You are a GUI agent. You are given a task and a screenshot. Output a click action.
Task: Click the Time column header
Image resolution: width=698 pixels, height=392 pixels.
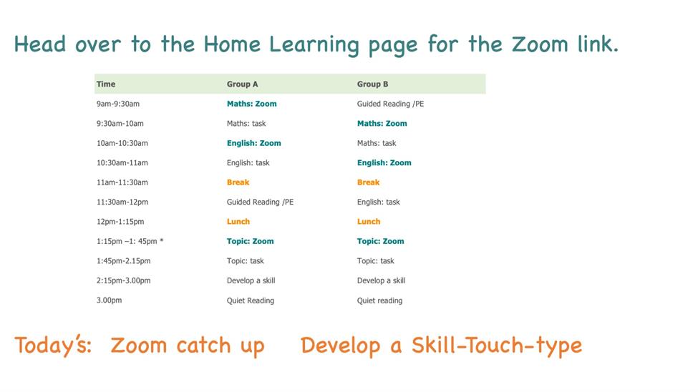[x=106, y=84]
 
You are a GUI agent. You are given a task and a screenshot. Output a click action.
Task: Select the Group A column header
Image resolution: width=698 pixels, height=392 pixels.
[x=242, y=84]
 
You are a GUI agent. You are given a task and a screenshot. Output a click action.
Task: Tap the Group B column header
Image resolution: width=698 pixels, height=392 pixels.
[x=372, y=84]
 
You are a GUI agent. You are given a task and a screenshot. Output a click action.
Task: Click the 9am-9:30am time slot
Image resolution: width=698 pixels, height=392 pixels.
[x=118, y=104]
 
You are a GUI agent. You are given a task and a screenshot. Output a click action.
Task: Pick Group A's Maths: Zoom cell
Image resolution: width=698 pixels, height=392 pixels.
[x=251, y=104]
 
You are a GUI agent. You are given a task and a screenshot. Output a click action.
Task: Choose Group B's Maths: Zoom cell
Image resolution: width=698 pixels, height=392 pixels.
[x=382, y=123]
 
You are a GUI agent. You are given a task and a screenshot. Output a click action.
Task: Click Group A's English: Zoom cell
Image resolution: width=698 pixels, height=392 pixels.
[x=253, y=143]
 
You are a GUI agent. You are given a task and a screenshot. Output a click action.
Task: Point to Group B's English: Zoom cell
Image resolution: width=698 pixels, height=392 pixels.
[x=384, y=162]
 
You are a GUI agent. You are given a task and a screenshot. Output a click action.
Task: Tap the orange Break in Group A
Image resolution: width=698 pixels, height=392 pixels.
[x=238, y=182]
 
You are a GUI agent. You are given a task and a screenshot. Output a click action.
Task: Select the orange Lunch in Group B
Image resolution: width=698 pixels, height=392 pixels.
[x=369, y=221]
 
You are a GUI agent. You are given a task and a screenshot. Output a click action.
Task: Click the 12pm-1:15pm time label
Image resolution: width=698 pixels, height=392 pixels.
[x=120, y=221]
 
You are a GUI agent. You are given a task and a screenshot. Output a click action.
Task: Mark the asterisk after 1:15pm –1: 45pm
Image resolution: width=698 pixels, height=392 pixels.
[x=162, y=240]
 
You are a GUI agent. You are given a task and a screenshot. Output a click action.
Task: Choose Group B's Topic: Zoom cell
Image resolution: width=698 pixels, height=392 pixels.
[x=381, y=241]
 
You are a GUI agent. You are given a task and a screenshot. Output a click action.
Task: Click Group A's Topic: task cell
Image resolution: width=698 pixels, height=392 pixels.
[x=246, y=261]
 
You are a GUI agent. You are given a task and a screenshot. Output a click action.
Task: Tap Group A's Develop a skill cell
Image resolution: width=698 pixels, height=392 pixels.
[x=251, y=280]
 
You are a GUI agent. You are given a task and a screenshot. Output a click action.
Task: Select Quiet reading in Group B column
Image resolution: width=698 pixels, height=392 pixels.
[x=379, y=300]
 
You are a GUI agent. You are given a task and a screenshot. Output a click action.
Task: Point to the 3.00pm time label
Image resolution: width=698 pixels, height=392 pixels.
[x=109, y=300]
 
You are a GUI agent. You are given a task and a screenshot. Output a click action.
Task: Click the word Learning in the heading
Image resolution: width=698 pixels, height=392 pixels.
[x=314, y=45]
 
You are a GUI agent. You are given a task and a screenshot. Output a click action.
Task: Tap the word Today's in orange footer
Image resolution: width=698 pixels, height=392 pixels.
[x=53, y=346]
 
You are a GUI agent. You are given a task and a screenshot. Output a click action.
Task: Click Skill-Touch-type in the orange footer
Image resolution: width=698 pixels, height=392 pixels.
[x=497, y=346]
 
